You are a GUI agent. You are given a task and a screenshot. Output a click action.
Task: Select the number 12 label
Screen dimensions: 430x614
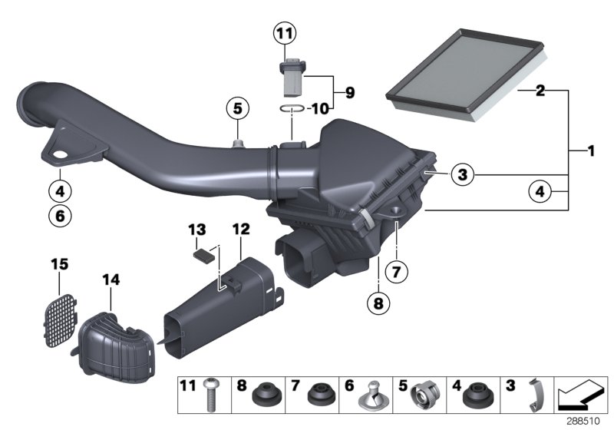click(240, 228)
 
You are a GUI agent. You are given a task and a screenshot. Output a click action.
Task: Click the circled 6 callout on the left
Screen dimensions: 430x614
click(59, 216)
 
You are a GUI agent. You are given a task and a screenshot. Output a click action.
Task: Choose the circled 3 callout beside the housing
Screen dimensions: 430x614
click(460, 176)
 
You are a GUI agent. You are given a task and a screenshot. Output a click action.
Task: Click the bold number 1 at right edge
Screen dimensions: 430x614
click(592, 151)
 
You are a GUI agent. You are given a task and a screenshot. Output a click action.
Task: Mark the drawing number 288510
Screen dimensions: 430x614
click(585, 422)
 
